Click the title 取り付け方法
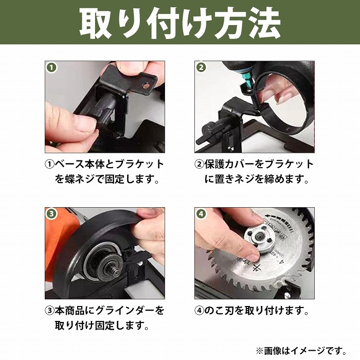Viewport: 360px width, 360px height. point(180,23)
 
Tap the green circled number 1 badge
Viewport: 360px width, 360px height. point(51,67)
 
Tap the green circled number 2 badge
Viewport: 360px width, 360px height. point(201,67)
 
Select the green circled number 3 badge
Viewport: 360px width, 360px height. point(51,214)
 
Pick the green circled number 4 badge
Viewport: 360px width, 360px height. point(201,214)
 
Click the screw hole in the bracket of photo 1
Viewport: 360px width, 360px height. point(145,86)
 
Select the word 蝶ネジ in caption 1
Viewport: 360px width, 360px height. point(80,179)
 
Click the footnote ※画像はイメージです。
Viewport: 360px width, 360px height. point(301,351)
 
